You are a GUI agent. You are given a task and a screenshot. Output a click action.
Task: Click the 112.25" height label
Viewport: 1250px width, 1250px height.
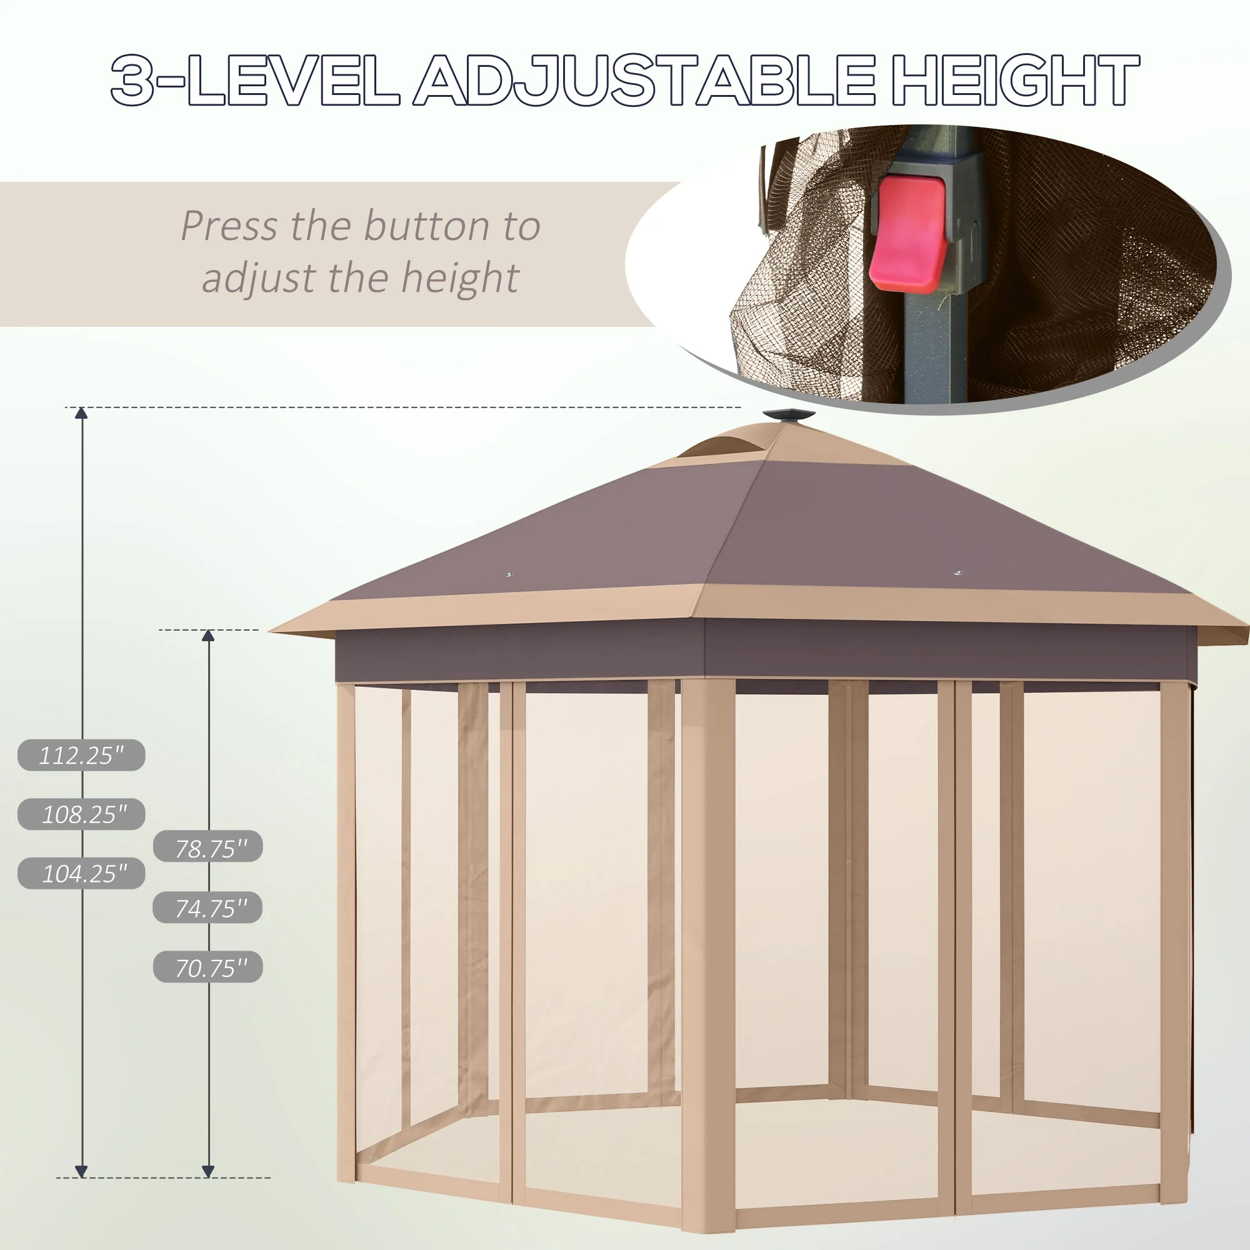(x=81, y=755)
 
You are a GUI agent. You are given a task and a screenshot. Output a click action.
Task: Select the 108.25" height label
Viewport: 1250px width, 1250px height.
(x=81, y=814)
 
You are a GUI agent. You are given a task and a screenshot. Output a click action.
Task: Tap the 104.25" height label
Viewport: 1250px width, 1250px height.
(x=81, y=874)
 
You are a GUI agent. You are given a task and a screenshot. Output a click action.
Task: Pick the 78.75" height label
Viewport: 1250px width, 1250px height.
(x=208, y=846)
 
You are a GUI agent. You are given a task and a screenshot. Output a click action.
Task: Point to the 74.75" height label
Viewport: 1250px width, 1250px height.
(x=208, y=907)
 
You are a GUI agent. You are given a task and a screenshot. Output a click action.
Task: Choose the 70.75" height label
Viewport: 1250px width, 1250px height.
(x=208, y=967)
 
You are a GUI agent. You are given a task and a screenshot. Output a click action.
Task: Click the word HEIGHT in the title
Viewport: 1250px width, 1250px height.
(x=1015, y=80)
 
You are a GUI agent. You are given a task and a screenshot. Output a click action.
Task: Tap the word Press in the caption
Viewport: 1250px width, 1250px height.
(x=229, y=226)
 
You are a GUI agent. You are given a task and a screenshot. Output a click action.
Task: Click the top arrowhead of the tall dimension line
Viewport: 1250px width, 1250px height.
(x=81, y=413)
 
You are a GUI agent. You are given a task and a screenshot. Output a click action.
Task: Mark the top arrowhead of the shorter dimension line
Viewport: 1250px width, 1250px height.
(x=208, y=636)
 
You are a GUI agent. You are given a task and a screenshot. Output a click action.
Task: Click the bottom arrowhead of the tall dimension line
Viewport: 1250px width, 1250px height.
(x=81, y=1171)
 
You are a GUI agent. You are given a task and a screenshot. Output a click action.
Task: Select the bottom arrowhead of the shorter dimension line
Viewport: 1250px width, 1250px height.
(x=208, y=1171)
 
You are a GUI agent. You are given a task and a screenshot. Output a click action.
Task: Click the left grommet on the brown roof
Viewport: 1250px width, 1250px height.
(x=509, y=574)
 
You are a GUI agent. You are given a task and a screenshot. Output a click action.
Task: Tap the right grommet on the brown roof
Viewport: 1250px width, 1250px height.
(x=959, y=573)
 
